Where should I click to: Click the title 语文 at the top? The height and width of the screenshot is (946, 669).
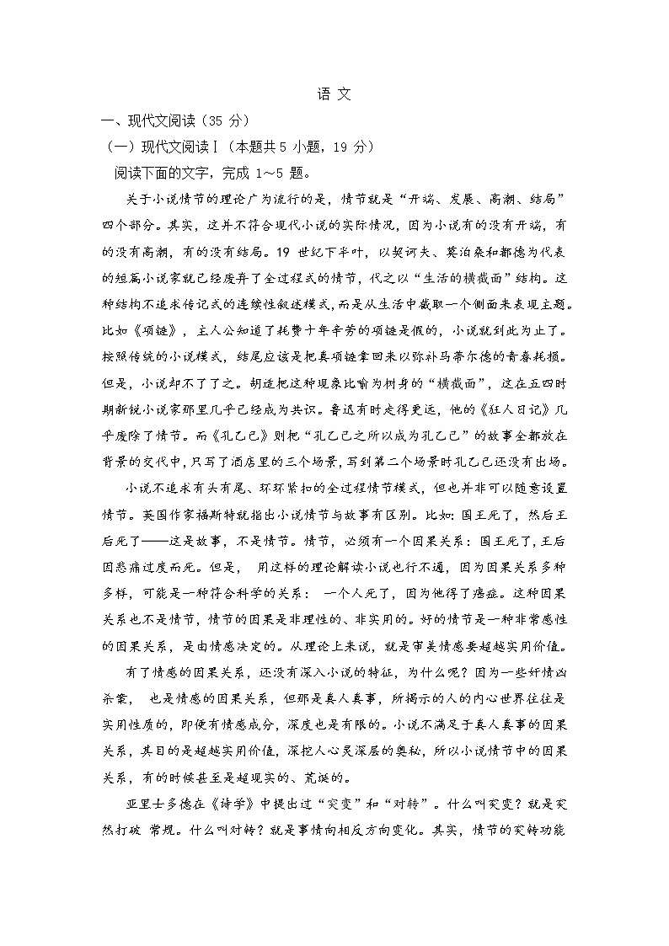click(x=334, y=94)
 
